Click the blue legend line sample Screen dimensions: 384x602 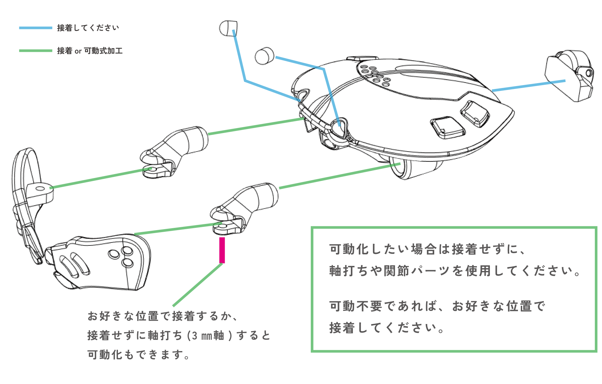coord(36,28)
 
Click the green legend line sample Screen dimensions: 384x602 coord(36,51)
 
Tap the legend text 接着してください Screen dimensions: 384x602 coord(88,28)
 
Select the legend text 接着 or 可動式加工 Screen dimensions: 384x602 coord(90,51)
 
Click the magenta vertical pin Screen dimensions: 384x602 coord(222,250)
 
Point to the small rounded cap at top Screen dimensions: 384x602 coord(228,28)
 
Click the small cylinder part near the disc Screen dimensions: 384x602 coord(264,56)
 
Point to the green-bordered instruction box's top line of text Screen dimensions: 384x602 coord(427,249)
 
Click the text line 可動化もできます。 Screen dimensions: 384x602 coord(138,355)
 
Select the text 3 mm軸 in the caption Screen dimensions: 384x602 coord(208,335)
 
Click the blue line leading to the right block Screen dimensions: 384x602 coord(528,85)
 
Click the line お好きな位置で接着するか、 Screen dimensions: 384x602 coord(163,316)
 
